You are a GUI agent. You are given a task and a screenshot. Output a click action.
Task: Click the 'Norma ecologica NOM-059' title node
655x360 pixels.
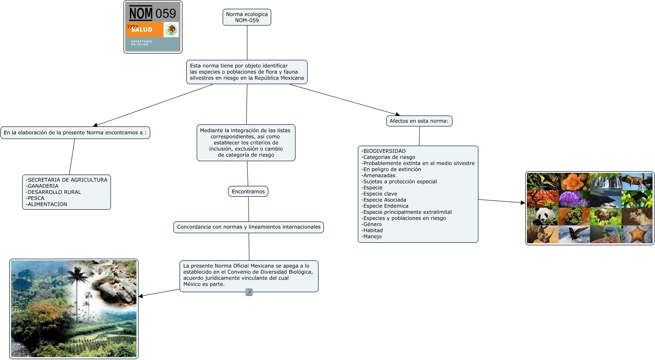[247, 17]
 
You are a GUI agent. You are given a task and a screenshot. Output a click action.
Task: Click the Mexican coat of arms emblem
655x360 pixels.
[171, 30]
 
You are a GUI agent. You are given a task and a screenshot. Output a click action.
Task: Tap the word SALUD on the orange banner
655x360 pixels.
[142, 30]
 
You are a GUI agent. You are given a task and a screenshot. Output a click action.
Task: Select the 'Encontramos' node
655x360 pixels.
[248, 192]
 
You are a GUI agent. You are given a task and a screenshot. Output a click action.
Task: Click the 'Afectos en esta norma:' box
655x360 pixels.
[419, 121]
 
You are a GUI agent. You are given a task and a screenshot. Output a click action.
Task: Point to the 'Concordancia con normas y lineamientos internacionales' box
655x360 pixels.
[249, 227]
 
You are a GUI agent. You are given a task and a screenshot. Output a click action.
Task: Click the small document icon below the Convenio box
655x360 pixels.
[249, 292]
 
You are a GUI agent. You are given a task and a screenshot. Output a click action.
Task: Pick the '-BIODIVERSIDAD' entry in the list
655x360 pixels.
[384, 151]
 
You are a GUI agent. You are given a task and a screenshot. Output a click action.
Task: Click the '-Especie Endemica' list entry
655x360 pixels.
[385, 206]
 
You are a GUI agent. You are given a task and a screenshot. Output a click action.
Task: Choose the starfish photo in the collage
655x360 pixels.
[637, 234]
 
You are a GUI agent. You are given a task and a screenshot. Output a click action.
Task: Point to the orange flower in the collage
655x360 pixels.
[574, 182]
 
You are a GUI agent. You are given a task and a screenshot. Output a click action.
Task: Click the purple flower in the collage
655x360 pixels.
[574, 199]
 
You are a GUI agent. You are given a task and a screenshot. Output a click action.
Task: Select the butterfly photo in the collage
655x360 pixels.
[542, 181]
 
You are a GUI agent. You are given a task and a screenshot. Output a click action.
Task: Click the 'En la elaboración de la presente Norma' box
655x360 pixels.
[75, 133]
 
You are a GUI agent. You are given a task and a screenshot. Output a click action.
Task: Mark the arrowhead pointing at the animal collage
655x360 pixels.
[523, 203]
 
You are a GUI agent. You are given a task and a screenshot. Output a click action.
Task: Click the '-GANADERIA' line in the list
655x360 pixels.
[42, 186]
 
